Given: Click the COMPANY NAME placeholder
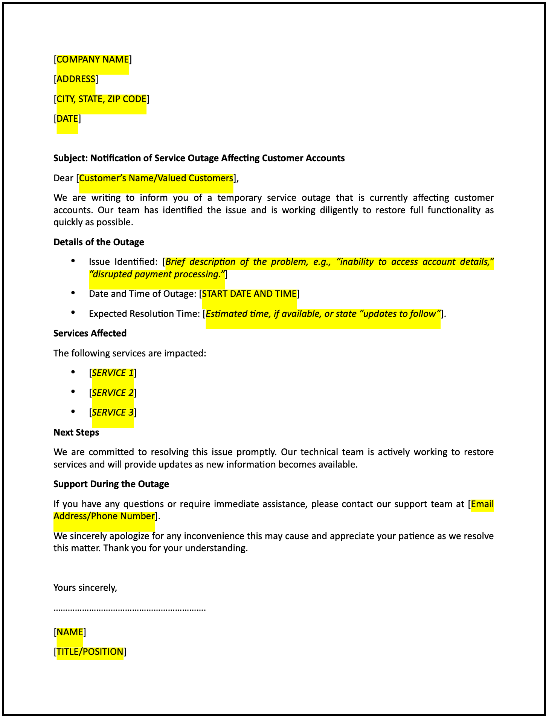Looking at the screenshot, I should click(x=93, y=60).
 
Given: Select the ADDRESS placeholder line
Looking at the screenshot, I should click(x=76, y=79).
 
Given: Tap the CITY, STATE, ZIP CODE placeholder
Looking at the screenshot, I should click(x=101, y=99).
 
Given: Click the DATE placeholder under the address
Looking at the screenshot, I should click(x=67, y=119).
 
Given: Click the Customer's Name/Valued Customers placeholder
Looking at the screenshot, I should click(x=156, y=178).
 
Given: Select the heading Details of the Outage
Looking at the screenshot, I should click(x=99, y=242).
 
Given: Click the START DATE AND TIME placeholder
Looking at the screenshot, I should click(x=249, y=294).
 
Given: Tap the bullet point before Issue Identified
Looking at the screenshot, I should click(x=73, y=261).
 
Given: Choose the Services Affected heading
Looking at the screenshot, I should click(x=90, y=333).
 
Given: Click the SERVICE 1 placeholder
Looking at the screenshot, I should click(x=113, y=373).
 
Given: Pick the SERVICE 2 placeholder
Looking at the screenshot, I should click(x=113, y=393).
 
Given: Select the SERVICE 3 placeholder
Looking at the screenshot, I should click(x=113, y=413).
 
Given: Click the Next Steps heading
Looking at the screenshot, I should click(x=76, y=433).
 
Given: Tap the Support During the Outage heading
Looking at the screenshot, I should click(x=111, y=484).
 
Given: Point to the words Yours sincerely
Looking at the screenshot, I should click(x=85, y=588).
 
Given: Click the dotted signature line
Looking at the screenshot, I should click(x=130, y=609).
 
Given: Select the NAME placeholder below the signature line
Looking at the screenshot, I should click(x=70, y=632).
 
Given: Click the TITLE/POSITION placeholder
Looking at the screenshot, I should click(x=90, y=652).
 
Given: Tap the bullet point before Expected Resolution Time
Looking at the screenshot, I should click(x=73, y=313).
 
